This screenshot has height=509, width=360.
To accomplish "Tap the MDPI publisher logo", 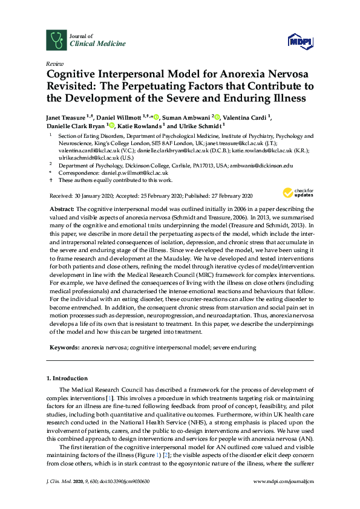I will (x=301, y=41).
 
